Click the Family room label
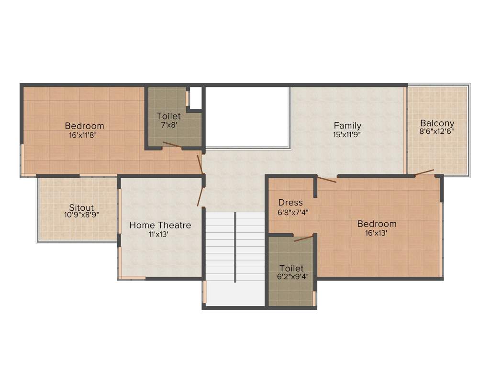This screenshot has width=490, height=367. point(347,126)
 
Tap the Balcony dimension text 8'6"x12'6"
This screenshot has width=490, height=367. point(436,130)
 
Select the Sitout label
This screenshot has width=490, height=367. point(81,208)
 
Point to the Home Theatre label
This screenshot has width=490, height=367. point(160,225)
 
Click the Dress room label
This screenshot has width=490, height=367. point(290,203)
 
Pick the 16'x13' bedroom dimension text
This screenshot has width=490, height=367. point(376,233)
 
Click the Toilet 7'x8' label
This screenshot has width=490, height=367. point(169,116)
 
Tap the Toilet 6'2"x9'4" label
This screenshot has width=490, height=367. point(291,269)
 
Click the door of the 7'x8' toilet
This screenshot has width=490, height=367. point(172,144)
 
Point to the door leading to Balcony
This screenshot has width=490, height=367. point(424,172)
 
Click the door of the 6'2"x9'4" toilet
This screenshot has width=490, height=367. point(303,238)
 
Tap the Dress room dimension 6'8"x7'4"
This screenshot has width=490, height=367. point(292,212)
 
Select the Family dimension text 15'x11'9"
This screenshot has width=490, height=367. point(347,134)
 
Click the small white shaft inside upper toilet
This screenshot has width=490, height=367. point(195,97)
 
